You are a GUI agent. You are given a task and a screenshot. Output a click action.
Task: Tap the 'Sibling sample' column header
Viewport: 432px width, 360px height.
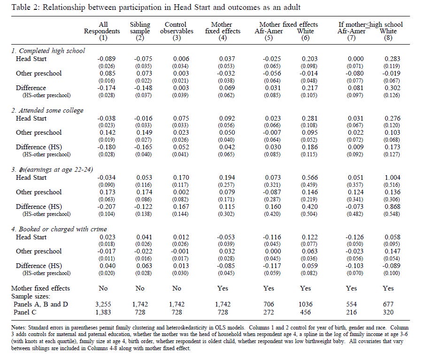(x=139, y=28)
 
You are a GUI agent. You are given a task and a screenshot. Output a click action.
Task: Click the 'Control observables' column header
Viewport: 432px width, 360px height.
(x=176, y=28)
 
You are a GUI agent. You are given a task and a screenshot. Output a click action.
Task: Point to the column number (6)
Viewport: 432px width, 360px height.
(x=306, y=38)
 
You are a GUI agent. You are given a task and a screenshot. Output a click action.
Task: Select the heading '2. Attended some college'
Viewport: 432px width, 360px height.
(x=47, y=110)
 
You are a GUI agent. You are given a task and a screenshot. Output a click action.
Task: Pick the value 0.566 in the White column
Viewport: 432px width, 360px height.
(x=307, y=177)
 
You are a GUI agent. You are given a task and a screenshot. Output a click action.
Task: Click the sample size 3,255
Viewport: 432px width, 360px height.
(x=104, y=304)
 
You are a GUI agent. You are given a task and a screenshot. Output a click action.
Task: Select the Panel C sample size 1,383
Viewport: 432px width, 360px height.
(x=104, y=312)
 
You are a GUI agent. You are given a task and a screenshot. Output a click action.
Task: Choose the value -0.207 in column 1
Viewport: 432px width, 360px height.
(x=105, y=207)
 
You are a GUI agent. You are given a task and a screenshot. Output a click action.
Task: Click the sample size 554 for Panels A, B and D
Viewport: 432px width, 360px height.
(x=350, y=304)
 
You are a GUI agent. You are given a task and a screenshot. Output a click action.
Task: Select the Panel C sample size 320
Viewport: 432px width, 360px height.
(x=389, y=312)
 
